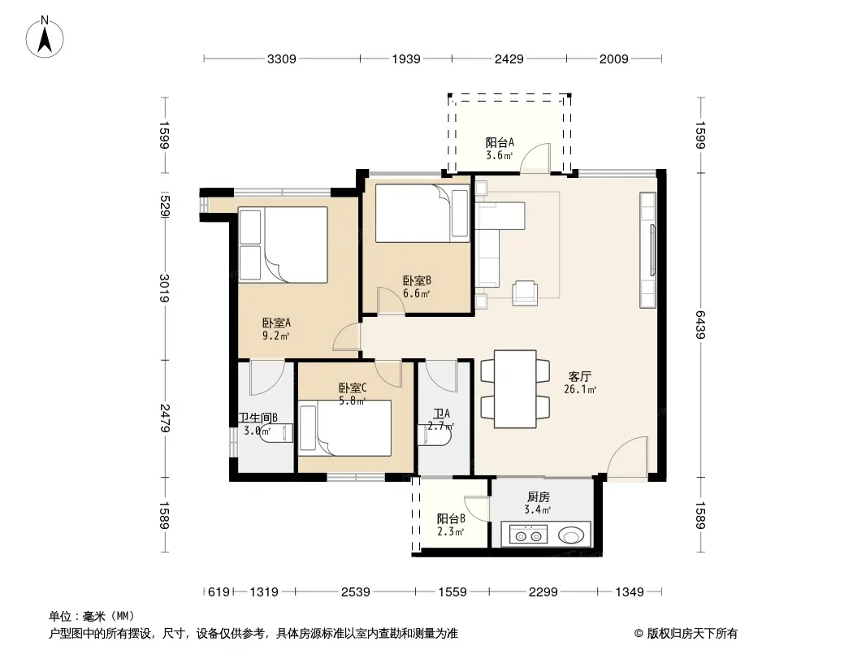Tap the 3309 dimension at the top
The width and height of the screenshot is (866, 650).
pos(282,59)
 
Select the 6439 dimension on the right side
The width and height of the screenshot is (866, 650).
pos(700,325)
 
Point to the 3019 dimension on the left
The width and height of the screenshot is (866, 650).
pos(164,288)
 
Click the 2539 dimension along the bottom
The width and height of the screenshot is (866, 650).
pos(355,592)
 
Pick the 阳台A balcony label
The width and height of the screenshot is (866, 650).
pos(500,142)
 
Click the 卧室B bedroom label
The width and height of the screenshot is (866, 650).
pos(417,281)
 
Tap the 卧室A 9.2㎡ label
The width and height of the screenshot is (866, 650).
pos(276,329)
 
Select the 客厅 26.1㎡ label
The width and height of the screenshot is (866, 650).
pos(580,383)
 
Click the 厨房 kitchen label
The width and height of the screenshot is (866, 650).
pos(539,497)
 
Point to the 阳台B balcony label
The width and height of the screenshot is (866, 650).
pos(451,519)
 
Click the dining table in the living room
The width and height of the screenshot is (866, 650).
pos(515,389)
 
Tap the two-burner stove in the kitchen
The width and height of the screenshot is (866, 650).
pos(528,535)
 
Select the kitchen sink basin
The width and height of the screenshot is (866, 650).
pos(571,535)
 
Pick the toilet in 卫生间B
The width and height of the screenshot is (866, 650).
pos(276,433)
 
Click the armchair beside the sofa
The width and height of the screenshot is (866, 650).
pos(525,293)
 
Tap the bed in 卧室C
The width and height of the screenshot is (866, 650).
pos(344,428)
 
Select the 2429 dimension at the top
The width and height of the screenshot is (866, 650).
pos(509,59)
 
